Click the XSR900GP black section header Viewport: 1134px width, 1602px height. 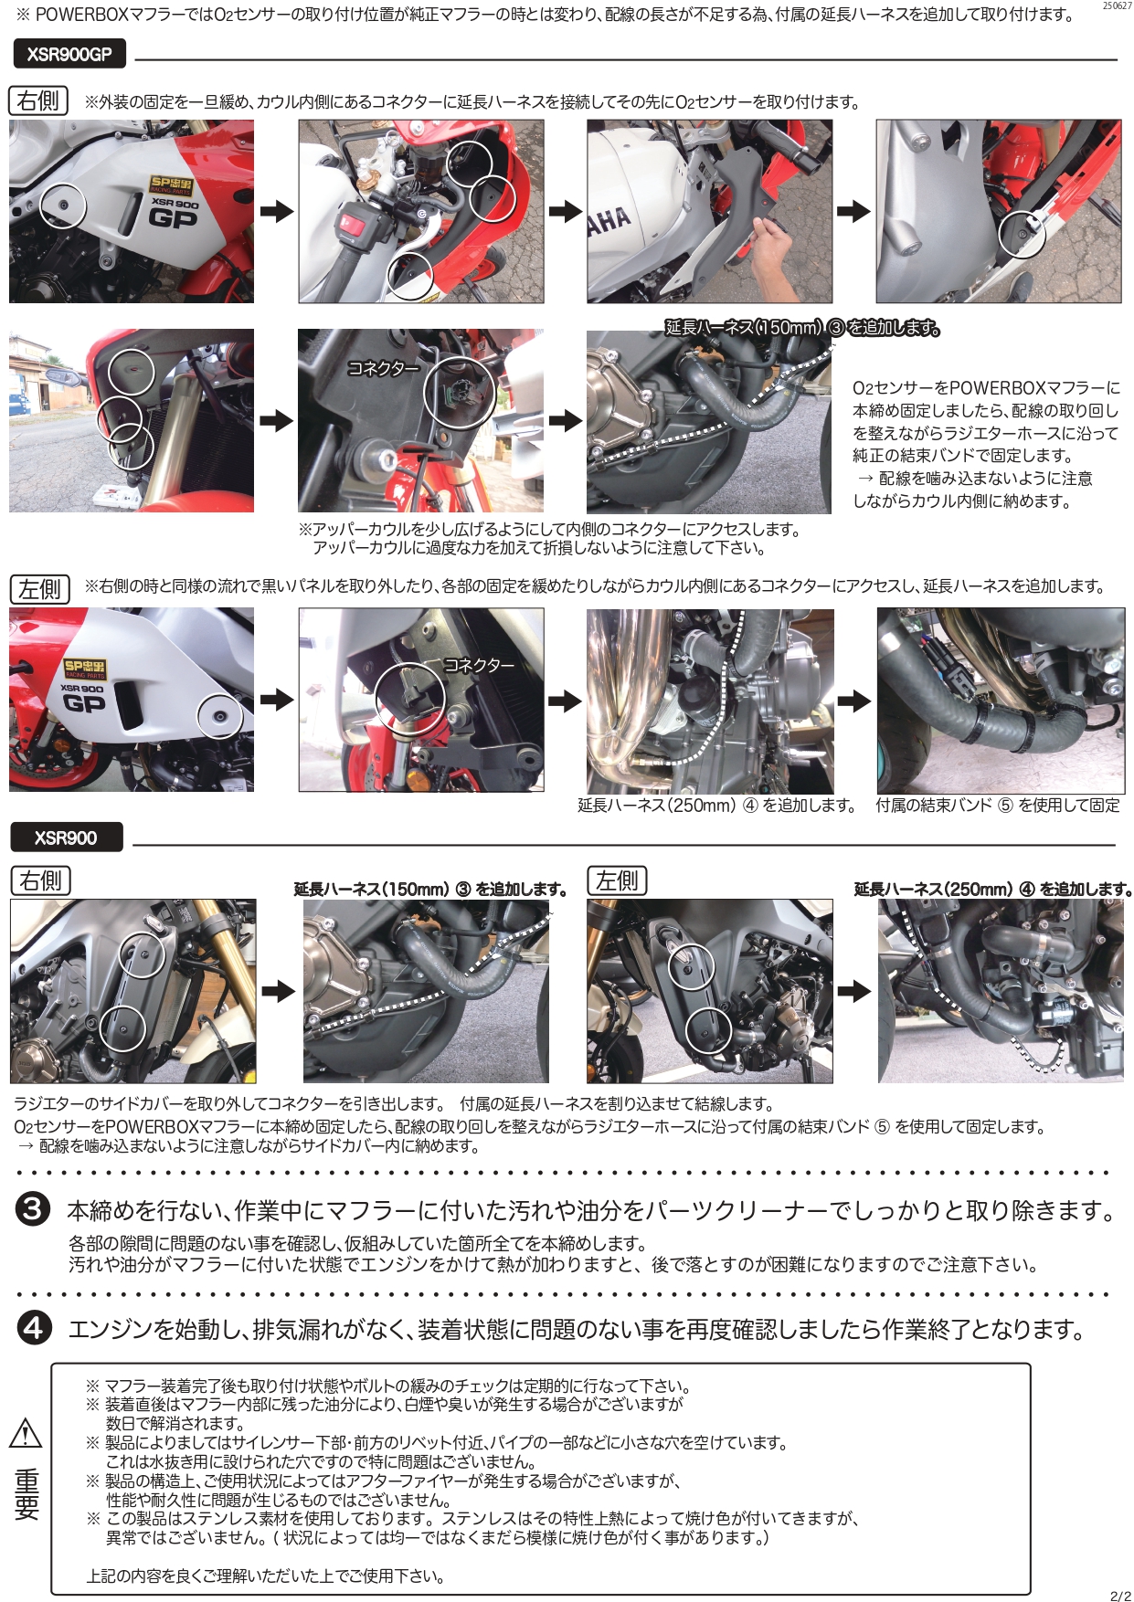point(69,55)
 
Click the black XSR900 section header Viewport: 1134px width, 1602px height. point(66,838)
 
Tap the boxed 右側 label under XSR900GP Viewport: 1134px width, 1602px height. point(38,100)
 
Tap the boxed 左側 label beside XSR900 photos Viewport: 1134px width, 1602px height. point(617,880)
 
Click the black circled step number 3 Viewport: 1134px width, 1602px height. point(33,1209)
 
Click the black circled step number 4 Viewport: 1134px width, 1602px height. point(33,1327)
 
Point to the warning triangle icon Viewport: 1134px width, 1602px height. point(26,1432)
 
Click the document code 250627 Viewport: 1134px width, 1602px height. point(1116,6)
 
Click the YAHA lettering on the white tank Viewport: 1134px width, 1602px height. point(609,220)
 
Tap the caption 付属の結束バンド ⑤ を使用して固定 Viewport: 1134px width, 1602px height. point(997,806)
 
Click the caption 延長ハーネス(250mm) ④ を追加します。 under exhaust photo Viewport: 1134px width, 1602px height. point(716,806)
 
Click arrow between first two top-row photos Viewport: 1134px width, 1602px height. point(276,212)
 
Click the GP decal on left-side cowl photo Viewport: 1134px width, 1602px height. point(84,703)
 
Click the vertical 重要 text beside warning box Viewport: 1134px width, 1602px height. point(26,1494)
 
